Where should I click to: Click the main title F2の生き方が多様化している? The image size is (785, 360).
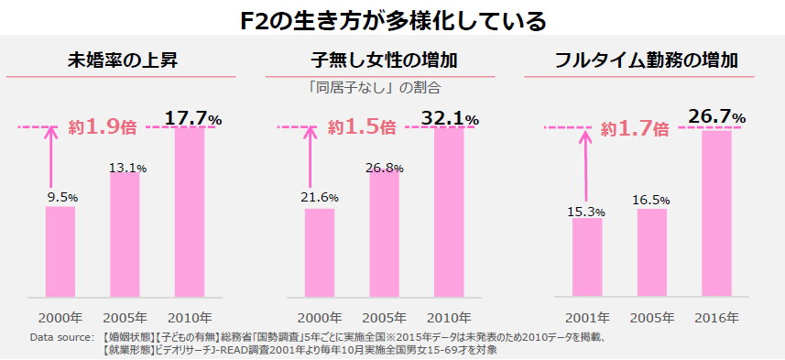pyautogui.click(x=392, y=19)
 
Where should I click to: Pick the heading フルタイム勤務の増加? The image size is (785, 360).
pyautogui.click(x=647, y=61)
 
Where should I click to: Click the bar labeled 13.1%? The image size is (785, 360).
pyautogui.click(x=125, y=234)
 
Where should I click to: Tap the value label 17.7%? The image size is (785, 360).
pyautogui.click(x=193, y=118)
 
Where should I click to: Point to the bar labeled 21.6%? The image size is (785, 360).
pyautogui.click(x=320, y=252)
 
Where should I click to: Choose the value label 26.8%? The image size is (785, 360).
pyautogui.click(x=385, y=168)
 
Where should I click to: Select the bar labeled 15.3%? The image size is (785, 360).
pyautogui.click(x=587, y=257)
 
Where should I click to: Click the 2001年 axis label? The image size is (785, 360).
pyautogui.click(x=587, y=317)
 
